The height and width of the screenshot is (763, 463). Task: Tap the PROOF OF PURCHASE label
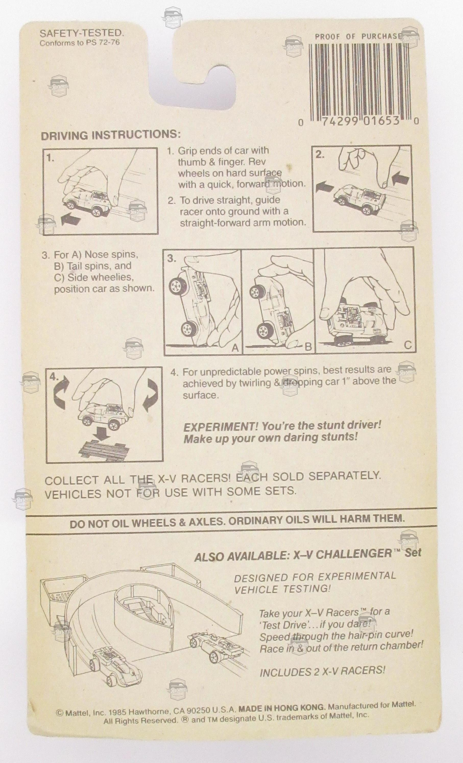click(359, 36)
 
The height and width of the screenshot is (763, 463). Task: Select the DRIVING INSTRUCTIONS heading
click(111, 136)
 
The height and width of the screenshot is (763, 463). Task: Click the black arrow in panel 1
click(71, 220)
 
